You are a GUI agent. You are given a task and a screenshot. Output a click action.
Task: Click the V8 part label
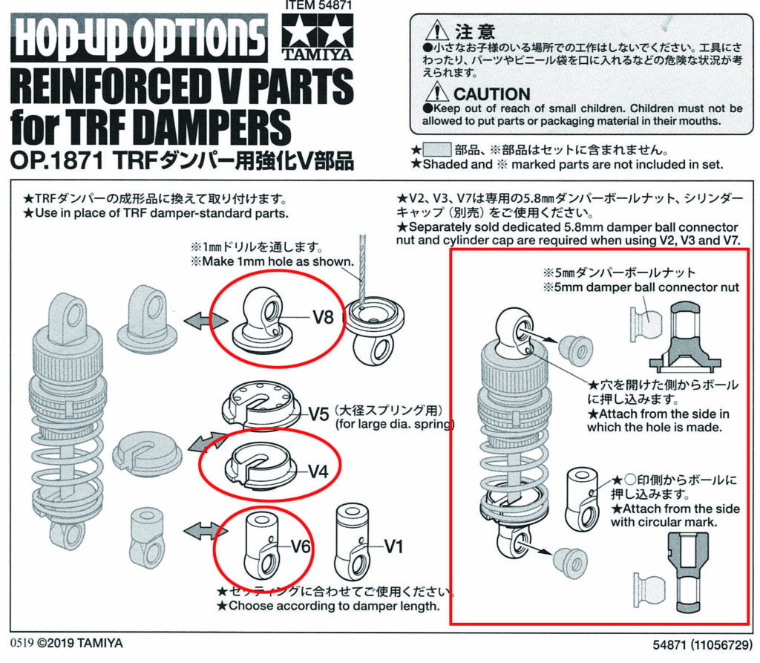323,317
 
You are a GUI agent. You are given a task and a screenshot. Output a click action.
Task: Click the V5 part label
319,414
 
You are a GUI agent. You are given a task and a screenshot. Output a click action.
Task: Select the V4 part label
318,471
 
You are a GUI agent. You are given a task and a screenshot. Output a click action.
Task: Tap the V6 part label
301,546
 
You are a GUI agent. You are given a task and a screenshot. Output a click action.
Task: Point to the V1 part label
394,546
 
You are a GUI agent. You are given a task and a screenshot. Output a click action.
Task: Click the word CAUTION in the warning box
491,94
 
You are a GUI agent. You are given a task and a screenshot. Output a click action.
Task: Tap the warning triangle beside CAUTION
436,92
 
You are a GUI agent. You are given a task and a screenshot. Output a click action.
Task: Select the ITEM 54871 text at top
318,5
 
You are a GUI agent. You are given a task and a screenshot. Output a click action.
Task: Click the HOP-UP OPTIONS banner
139,38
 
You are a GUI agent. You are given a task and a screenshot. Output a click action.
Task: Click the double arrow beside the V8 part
206,321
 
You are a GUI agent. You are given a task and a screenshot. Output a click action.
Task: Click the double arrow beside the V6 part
206,531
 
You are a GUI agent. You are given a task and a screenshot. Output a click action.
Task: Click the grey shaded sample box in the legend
436,149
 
